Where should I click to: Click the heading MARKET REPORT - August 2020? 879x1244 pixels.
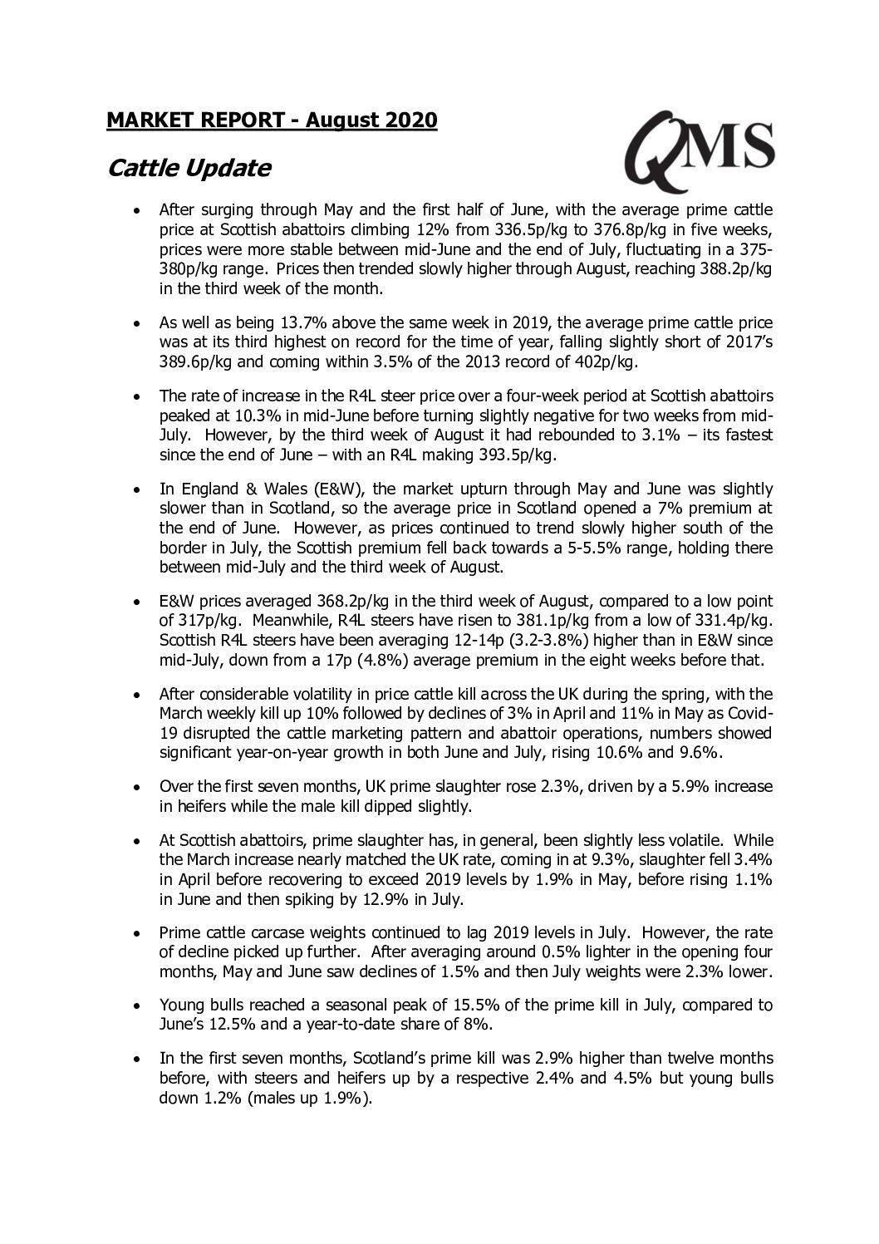(272, 120)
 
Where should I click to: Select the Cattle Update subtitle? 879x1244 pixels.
(189, 169)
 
